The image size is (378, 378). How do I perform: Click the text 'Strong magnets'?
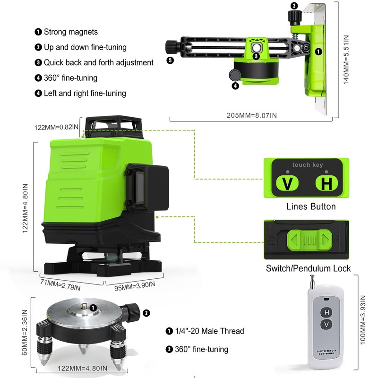[71, 32]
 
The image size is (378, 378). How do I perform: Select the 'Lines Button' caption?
[311, 206]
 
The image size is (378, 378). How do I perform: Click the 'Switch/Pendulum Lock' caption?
[308, 268]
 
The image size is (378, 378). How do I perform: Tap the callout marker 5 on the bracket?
[170, 61]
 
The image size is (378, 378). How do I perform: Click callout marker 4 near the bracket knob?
[235, 86]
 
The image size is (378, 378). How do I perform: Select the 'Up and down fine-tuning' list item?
[85, 47]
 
